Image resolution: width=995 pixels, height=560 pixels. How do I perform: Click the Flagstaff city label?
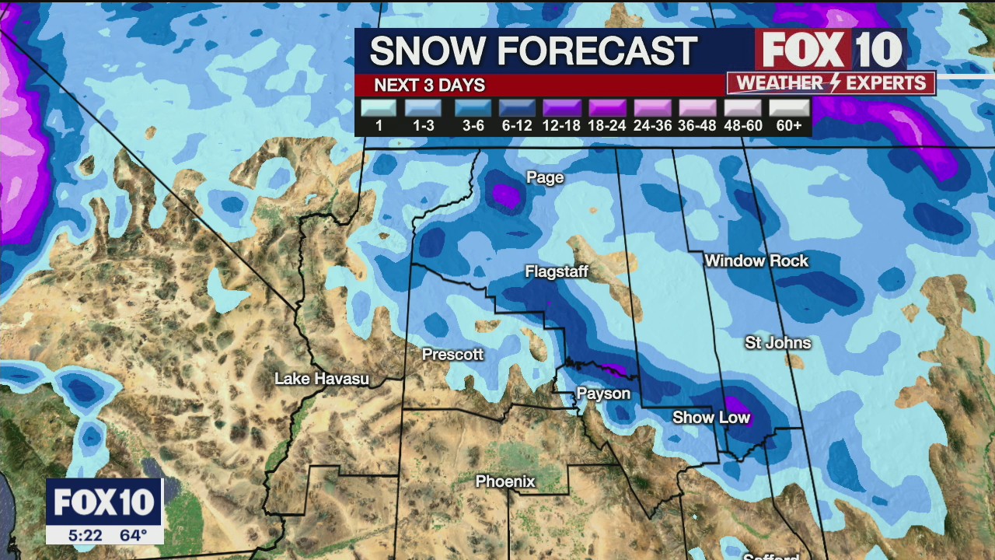557,272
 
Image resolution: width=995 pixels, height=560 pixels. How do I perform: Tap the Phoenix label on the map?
505,482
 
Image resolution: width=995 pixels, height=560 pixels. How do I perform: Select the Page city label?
545,178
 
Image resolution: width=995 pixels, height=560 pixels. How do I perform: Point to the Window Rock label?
756,261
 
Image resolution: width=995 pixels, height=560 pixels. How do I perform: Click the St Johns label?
777,343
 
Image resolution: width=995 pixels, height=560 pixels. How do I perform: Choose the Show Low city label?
711,418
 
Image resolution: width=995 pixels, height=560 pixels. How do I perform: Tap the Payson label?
603,394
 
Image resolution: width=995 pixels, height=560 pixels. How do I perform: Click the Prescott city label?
452,355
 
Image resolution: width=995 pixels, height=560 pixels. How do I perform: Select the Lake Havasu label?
322,380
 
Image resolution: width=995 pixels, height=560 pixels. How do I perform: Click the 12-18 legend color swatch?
562,108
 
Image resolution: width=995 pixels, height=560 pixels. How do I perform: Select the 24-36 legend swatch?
652,108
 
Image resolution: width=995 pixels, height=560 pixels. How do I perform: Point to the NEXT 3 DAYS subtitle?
429,86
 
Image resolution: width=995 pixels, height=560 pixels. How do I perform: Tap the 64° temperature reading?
133,535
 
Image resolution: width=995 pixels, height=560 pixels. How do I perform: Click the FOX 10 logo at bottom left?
104,502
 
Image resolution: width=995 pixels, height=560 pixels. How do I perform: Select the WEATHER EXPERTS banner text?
830,83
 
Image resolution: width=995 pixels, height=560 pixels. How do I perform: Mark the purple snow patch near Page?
506,195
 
